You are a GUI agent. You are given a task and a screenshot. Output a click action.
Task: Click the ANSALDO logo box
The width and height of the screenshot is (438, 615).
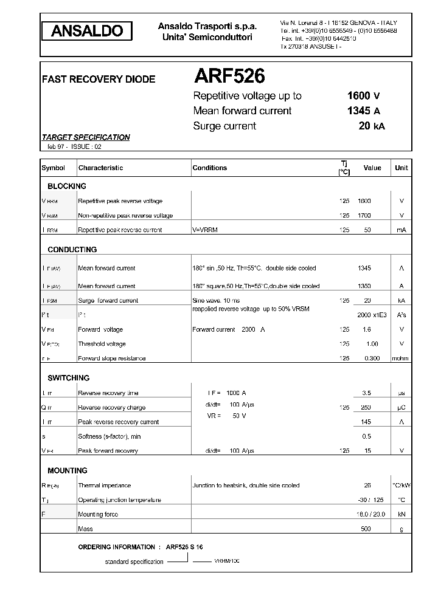coord(86,32)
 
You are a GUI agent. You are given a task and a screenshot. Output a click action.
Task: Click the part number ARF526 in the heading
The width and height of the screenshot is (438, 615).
coord(229,76)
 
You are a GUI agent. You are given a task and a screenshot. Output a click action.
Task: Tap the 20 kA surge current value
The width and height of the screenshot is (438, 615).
coord(371,126)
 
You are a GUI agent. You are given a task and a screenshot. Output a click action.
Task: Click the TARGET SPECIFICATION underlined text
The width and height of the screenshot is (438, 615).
coord(85,137)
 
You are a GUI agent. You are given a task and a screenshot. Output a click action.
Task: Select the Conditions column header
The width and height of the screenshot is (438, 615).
coord(209,168)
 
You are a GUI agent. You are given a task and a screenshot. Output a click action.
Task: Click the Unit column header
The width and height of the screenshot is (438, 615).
coord(401,168)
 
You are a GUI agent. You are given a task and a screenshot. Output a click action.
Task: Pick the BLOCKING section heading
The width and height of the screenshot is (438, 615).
coord(67,187)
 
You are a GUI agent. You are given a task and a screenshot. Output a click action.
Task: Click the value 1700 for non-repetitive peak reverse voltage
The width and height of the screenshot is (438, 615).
coord(364,215)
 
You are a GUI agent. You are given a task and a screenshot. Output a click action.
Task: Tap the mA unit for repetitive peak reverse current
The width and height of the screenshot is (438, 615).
coord(401,230)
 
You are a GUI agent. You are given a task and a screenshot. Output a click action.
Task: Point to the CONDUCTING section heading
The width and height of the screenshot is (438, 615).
coord(72,250)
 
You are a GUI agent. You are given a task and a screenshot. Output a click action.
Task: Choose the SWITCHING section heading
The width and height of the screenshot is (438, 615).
coord(68,378)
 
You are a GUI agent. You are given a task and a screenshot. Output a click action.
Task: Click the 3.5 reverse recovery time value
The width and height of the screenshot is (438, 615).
coord(366,393)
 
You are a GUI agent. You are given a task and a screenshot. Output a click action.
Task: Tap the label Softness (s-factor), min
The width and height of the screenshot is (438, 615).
coord(109,436)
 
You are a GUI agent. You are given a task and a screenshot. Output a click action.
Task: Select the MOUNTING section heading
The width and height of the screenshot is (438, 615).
coord(67,471)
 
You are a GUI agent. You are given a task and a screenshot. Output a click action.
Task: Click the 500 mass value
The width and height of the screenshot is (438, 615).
coord(366,529)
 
